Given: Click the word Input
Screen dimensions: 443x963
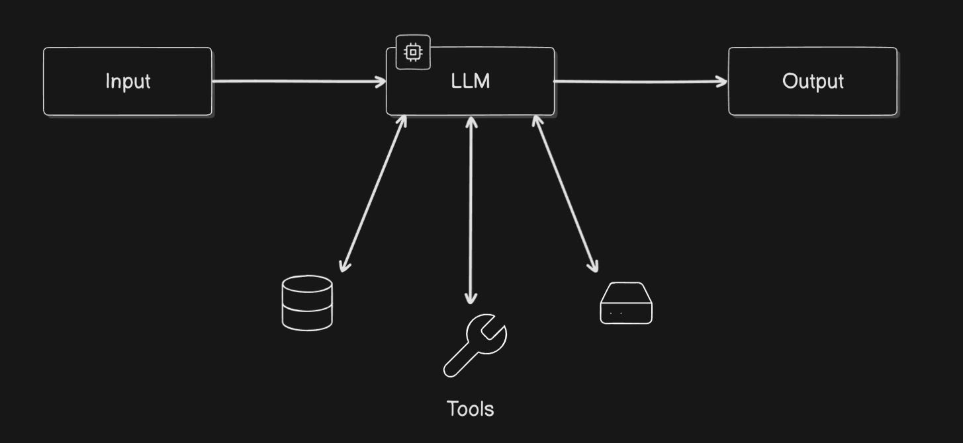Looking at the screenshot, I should click(128, 81).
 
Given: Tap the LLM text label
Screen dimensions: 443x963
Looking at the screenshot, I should click(471, 81).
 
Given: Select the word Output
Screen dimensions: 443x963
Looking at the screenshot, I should click(813, 81).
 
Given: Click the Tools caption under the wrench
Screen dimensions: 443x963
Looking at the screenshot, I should click(470, 409).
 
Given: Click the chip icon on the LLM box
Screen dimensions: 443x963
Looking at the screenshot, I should click(413, 52).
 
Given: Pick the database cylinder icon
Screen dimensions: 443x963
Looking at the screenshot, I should click(307, 302).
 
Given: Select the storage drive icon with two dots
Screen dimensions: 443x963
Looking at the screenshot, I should click(625, 303).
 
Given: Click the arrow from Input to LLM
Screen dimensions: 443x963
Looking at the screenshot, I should click(298, 81).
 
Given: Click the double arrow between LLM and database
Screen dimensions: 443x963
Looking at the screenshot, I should click(373, 194).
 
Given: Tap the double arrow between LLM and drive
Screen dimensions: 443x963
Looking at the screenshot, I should click(566, 194).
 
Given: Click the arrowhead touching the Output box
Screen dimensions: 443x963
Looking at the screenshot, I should click(721, 81).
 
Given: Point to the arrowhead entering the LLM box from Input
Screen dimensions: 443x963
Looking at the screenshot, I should click(381, 81).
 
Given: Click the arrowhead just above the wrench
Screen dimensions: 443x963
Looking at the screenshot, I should click(470, 298).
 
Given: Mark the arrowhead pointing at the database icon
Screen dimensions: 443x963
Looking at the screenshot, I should click(344, 265).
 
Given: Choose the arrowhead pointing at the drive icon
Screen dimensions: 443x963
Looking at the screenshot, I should click(594, 265).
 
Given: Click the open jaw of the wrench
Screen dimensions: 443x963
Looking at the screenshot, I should click(495, 326).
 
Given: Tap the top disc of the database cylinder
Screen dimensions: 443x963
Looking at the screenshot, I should click(307, 284).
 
